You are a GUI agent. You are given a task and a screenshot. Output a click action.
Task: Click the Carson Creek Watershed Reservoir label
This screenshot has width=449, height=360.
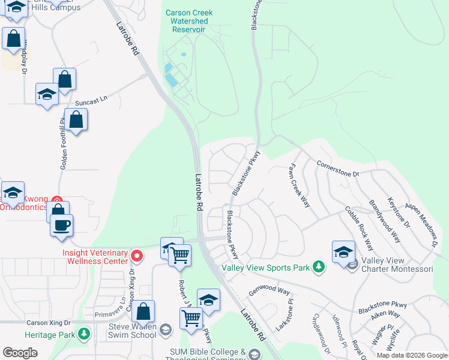pos(189,21)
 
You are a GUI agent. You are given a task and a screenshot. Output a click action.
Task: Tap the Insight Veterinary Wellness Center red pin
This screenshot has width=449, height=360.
pos(137,257)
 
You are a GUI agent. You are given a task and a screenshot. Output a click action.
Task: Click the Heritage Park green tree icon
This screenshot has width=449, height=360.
pos(84,333)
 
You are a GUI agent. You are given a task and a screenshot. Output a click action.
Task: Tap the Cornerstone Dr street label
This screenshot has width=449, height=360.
pos(337,169)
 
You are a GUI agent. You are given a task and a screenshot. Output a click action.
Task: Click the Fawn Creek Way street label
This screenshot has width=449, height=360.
pos(300,184)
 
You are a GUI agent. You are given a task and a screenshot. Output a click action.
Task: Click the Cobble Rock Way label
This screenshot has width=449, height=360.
pos(359,228)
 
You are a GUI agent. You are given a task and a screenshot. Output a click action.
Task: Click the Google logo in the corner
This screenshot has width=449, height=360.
pos(20,353)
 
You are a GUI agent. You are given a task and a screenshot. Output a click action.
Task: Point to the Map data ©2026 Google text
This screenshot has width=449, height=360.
pos(412,355)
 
